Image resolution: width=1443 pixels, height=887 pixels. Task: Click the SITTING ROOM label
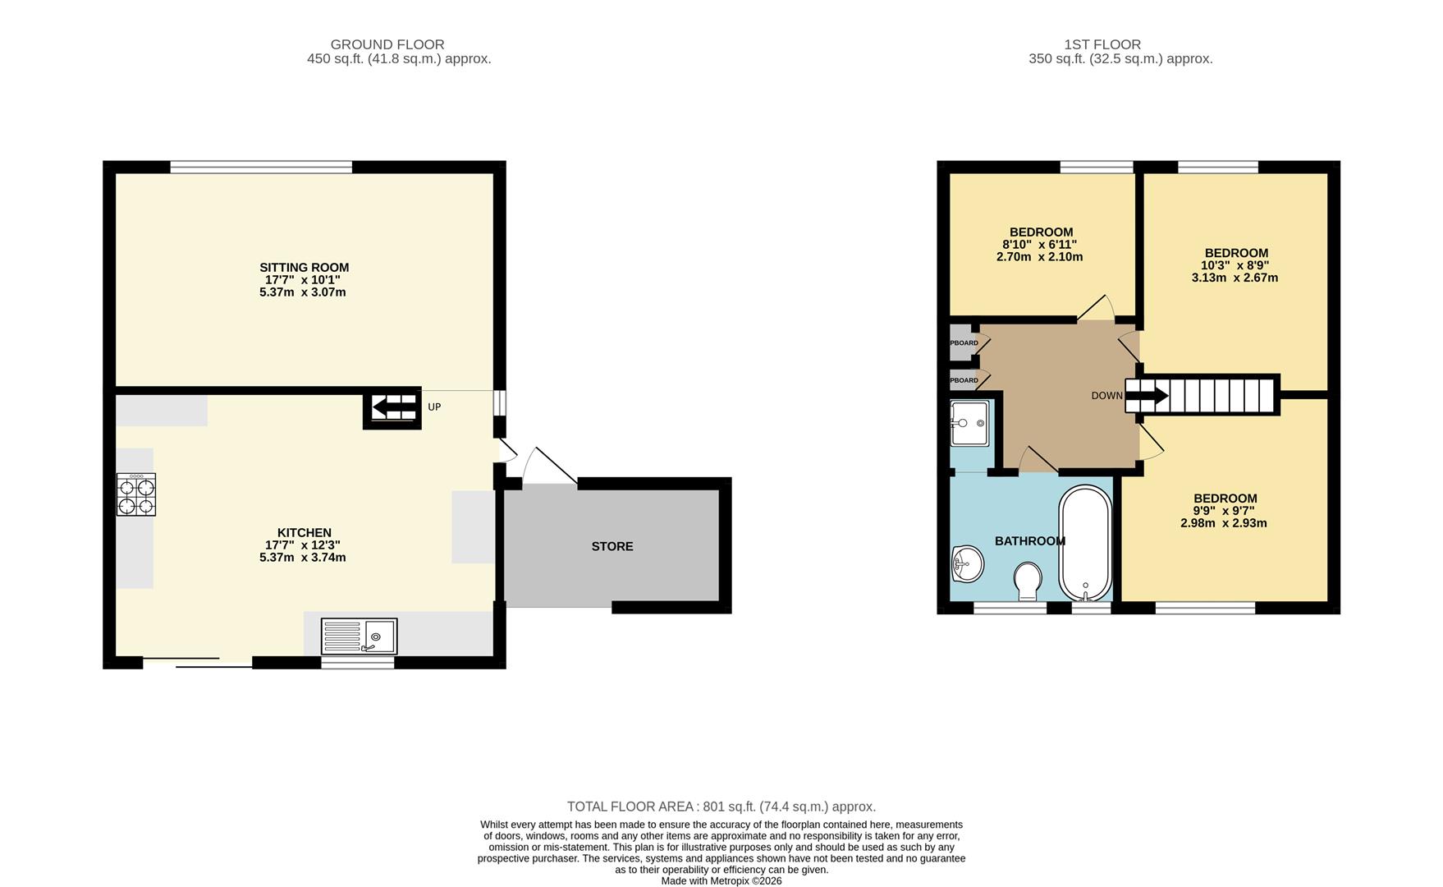(x=304, y=268)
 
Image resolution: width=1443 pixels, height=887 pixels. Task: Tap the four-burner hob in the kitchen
(x=136, y=494)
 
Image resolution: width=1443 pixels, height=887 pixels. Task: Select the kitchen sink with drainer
(x=360, y=637)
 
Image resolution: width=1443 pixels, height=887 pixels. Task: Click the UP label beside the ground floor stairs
(x=434, y=407)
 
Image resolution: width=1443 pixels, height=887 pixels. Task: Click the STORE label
(x=612, y=546)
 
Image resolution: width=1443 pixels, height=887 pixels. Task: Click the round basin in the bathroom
(x=968, y=564)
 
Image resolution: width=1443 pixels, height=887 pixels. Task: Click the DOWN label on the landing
(x=1106, y=396)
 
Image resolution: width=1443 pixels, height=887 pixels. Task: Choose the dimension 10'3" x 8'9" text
(x=1235, y=265)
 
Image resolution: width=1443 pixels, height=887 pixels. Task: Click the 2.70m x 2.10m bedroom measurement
(x=1039, y=257)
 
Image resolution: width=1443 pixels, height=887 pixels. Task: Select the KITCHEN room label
(x=304, y=533)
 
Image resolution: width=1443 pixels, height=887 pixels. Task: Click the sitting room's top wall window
(x=261, y=168)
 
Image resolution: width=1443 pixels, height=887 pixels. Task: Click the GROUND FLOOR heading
(x=387, y=44)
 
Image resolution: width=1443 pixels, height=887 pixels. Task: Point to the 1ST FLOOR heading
(x=1102, y=44)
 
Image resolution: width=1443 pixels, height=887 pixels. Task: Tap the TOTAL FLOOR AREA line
(x=721, y=807)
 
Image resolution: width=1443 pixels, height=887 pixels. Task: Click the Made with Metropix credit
(x=721, y=880)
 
